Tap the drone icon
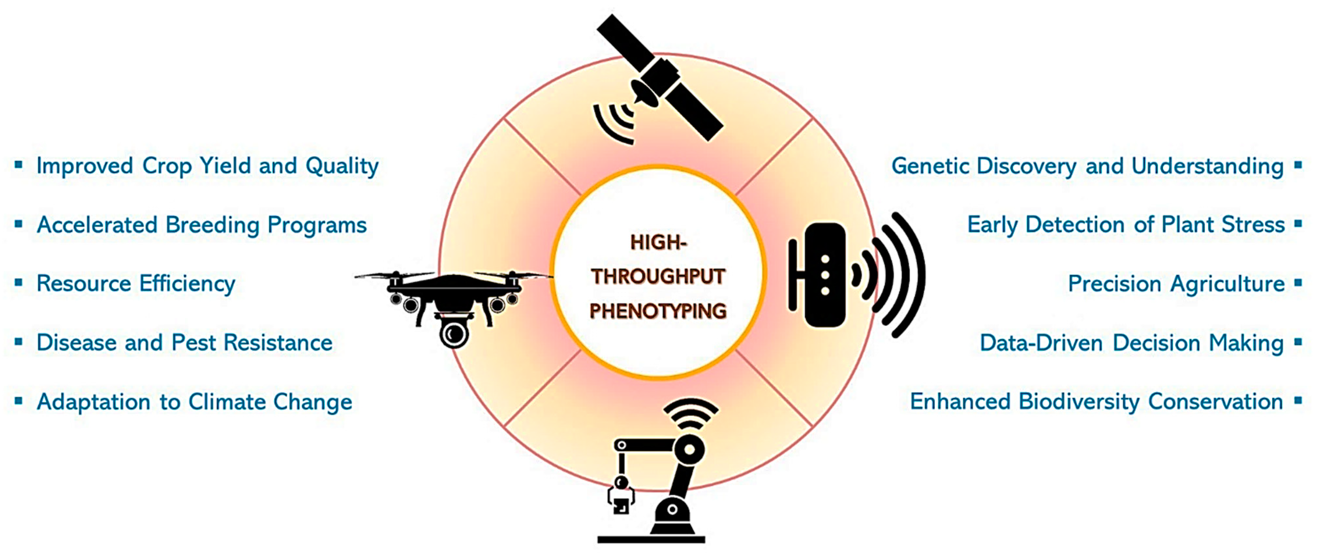[x=453, y=297]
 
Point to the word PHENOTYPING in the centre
[x=658, y=311]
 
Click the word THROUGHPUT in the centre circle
[x=658, y=276]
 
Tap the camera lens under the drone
[x=453, y=334]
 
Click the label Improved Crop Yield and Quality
[x=207, y=166]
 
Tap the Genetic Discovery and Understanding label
[x=1087, y=166]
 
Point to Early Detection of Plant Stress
[x=1126, y=225]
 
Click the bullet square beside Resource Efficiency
[x=19, y=282]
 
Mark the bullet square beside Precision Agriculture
[x=1298, y=282]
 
